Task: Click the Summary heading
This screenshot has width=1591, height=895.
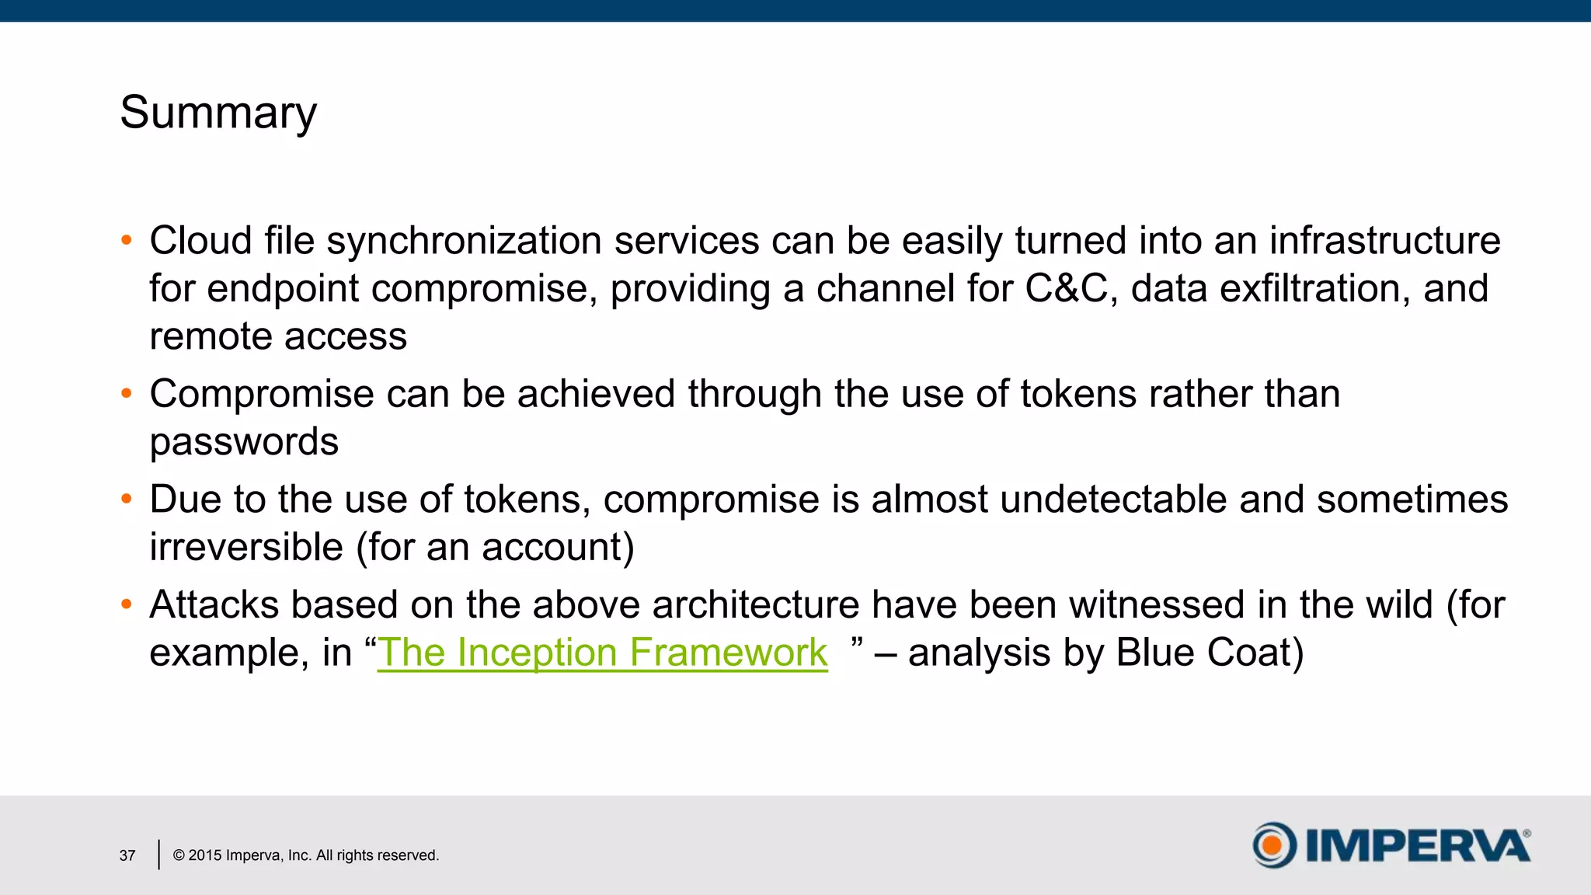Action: click(218, 113)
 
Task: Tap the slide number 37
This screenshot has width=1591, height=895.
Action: click(127, 855)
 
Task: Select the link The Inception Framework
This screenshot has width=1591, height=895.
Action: click(602, 652)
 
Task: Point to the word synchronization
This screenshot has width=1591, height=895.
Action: click(464, 241)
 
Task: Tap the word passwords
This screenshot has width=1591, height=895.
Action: click(244, 442)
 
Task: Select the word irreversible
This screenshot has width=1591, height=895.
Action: click(246, 547)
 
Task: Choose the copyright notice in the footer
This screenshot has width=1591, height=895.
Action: click(305, 855)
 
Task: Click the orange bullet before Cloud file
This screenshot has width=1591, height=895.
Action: click(127, 240)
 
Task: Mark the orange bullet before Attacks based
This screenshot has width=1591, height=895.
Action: click(127, 604)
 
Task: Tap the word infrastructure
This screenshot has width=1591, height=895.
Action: click(1384, 241)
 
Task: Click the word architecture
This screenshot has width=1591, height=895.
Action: click(755, 604)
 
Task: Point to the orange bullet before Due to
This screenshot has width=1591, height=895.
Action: click(127, 499)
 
